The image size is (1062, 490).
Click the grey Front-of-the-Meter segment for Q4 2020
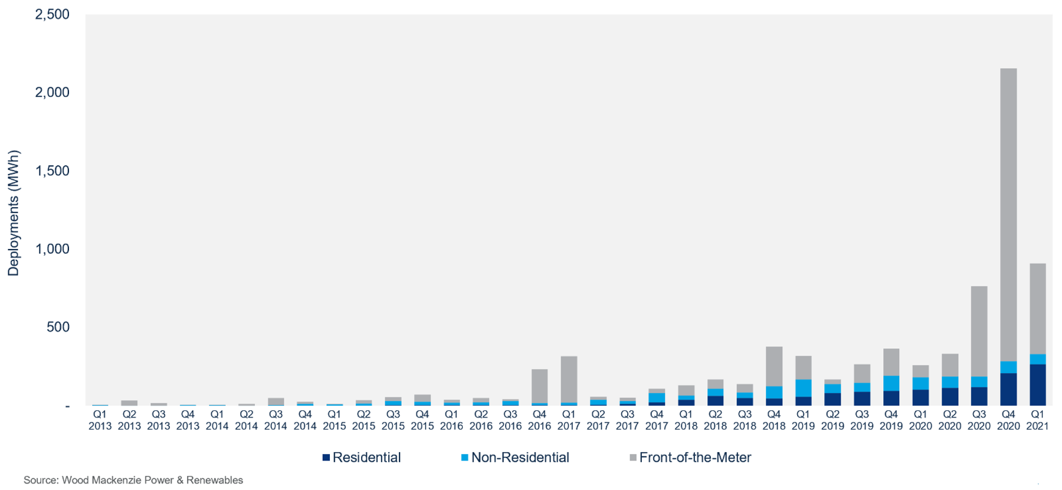coord(1008,213)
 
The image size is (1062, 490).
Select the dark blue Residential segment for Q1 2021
coord(1037,385)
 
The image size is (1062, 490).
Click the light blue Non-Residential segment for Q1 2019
coord(803,388)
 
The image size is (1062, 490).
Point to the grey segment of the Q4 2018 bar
coord(773,366)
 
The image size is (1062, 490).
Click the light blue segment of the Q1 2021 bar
coord(1037,359)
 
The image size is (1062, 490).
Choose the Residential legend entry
coord(366,458)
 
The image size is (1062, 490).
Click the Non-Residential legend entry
coord(519,458)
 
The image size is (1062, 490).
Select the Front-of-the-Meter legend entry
coord(694,458)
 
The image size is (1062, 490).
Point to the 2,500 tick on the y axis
coord(53,14)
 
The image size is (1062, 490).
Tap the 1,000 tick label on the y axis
coord(53,249)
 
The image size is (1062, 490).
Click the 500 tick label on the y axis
coord(58,327)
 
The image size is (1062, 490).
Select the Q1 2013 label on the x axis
coord(100,420)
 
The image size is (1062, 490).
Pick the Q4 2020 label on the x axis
coord(1008,420)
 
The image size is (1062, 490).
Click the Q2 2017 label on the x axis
coord(598,420)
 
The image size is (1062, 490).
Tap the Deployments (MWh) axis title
coord(13,213)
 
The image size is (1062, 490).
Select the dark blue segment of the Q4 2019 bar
coord(891,398)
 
